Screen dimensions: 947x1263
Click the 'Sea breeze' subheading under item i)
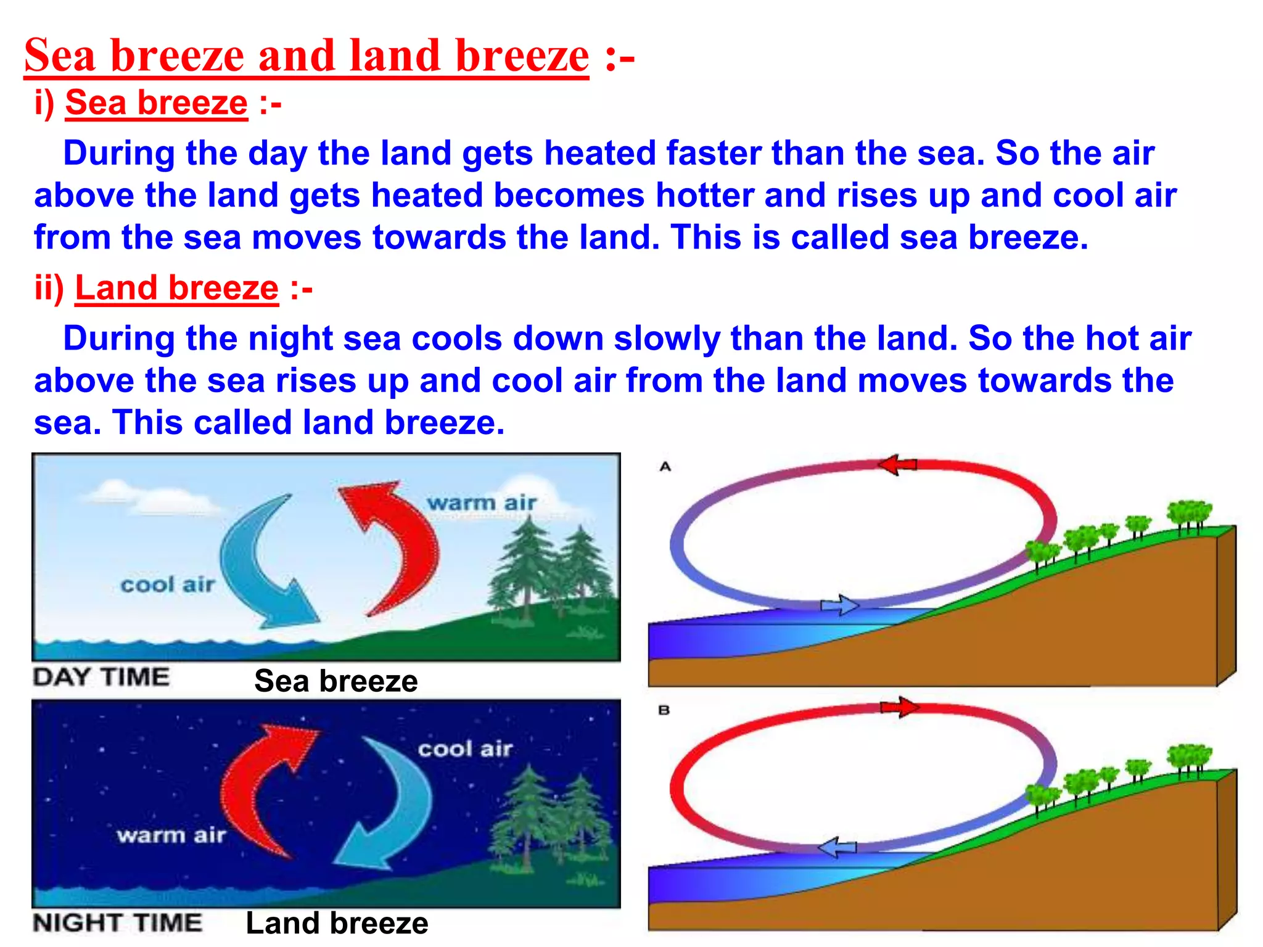(156, 102)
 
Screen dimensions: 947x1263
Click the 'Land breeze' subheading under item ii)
(176, 288)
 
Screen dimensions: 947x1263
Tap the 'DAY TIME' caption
(101, 677)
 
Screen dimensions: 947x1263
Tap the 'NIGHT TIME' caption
(117, 923)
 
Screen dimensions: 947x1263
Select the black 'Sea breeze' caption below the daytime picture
(336, 681)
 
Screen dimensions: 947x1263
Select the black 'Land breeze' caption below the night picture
(337, 924)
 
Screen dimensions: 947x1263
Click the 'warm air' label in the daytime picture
(482, 502)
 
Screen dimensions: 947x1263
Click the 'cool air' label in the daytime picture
(167, 584)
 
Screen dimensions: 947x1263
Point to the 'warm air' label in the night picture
(171, 835)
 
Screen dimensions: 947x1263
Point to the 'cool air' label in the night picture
(465, 749)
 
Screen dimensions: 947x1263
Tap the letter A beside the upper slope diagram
(665, 467)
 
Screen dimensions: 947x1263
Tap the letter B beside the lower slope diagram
(664, 710)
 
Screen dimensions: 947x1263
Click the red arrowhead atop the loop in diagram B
(900, 707)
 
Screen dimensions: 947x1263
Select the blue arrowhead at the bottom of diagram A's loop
(841, 605)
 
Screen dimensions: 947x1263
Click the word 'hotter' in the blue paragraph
(704, 195)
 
